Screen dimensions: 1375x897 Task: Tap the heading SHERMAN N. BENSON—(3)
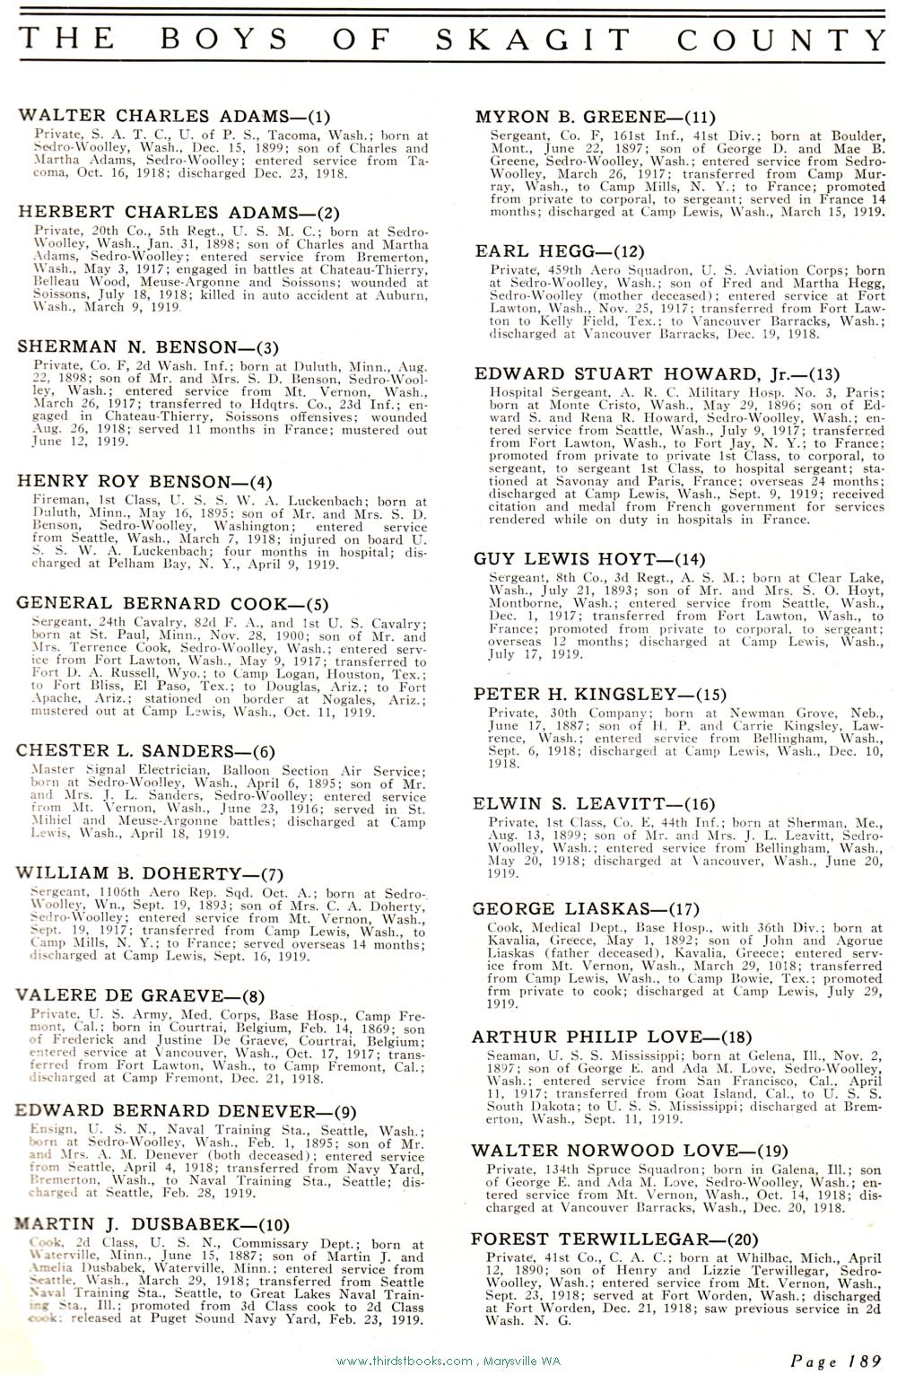point(148,346)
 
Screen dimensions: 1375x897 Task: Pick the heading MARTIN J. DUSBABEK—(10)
point(152,1224)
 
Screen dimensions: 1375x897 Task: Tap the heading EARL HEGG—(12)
point(560,251)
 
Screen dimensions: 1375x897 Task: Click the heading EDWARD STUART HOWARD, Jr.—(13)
point(658,373)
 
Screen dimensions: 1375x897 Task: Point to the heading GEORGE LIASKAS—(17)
point(585,909)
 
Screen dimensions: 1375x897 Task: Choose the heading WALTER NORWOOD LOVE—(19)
point(629,1150)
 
